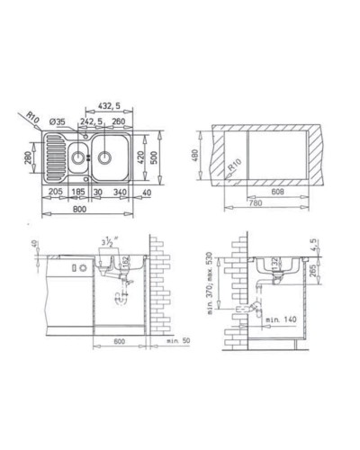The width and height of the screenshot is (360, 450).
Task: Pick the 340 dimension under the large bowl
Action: pos(121,193)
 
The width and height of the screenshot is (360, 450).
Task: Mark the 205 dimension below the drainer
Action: pos(56,193)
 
